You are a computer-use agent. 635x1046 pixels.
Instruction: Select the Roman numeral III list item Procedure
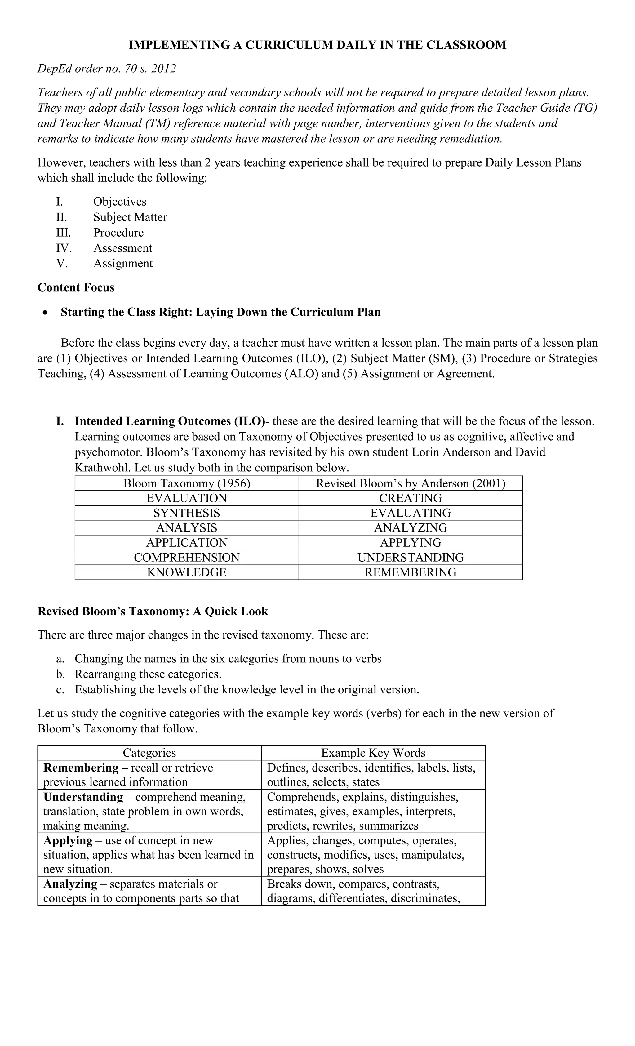(118, 233)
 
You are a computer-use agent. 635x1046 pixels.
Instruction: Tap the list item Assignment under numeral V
(123, 263)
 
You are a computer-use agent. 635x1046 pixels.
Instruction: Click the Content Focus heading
(76, 287)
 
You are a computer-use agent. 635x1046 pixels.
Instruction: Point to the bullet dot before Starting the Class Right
(45, 313)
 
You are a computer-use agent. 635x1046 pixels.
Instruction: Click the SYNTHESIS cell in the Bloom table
(186, 513)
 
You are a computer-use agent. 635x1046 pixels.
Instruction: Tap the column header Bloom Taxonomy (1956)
(186, 483)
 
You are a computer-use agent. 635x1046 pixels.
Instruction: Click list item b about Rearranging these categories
(148, 674)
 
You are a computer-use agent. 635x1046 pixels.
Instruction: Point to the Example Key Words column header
(373, 753)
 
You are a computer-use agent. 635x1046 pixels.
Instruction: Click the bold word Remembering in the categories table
(81, 768)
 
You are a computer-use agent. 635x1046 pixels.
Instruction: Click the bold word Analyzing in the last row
(70, 884)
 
